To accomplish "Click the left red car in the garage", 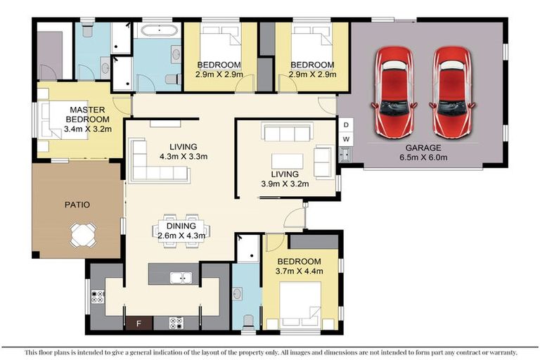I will pos(395,91).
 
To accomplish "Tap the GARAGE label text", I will pos(423,148).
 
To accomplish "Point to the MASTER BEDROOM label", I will pos(82,114).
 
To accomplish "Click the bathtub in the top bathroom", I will pos(160,32).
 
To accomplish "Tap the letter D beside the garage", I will pos(346,125).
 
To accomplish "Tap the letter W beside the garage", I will pos(346,139).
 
